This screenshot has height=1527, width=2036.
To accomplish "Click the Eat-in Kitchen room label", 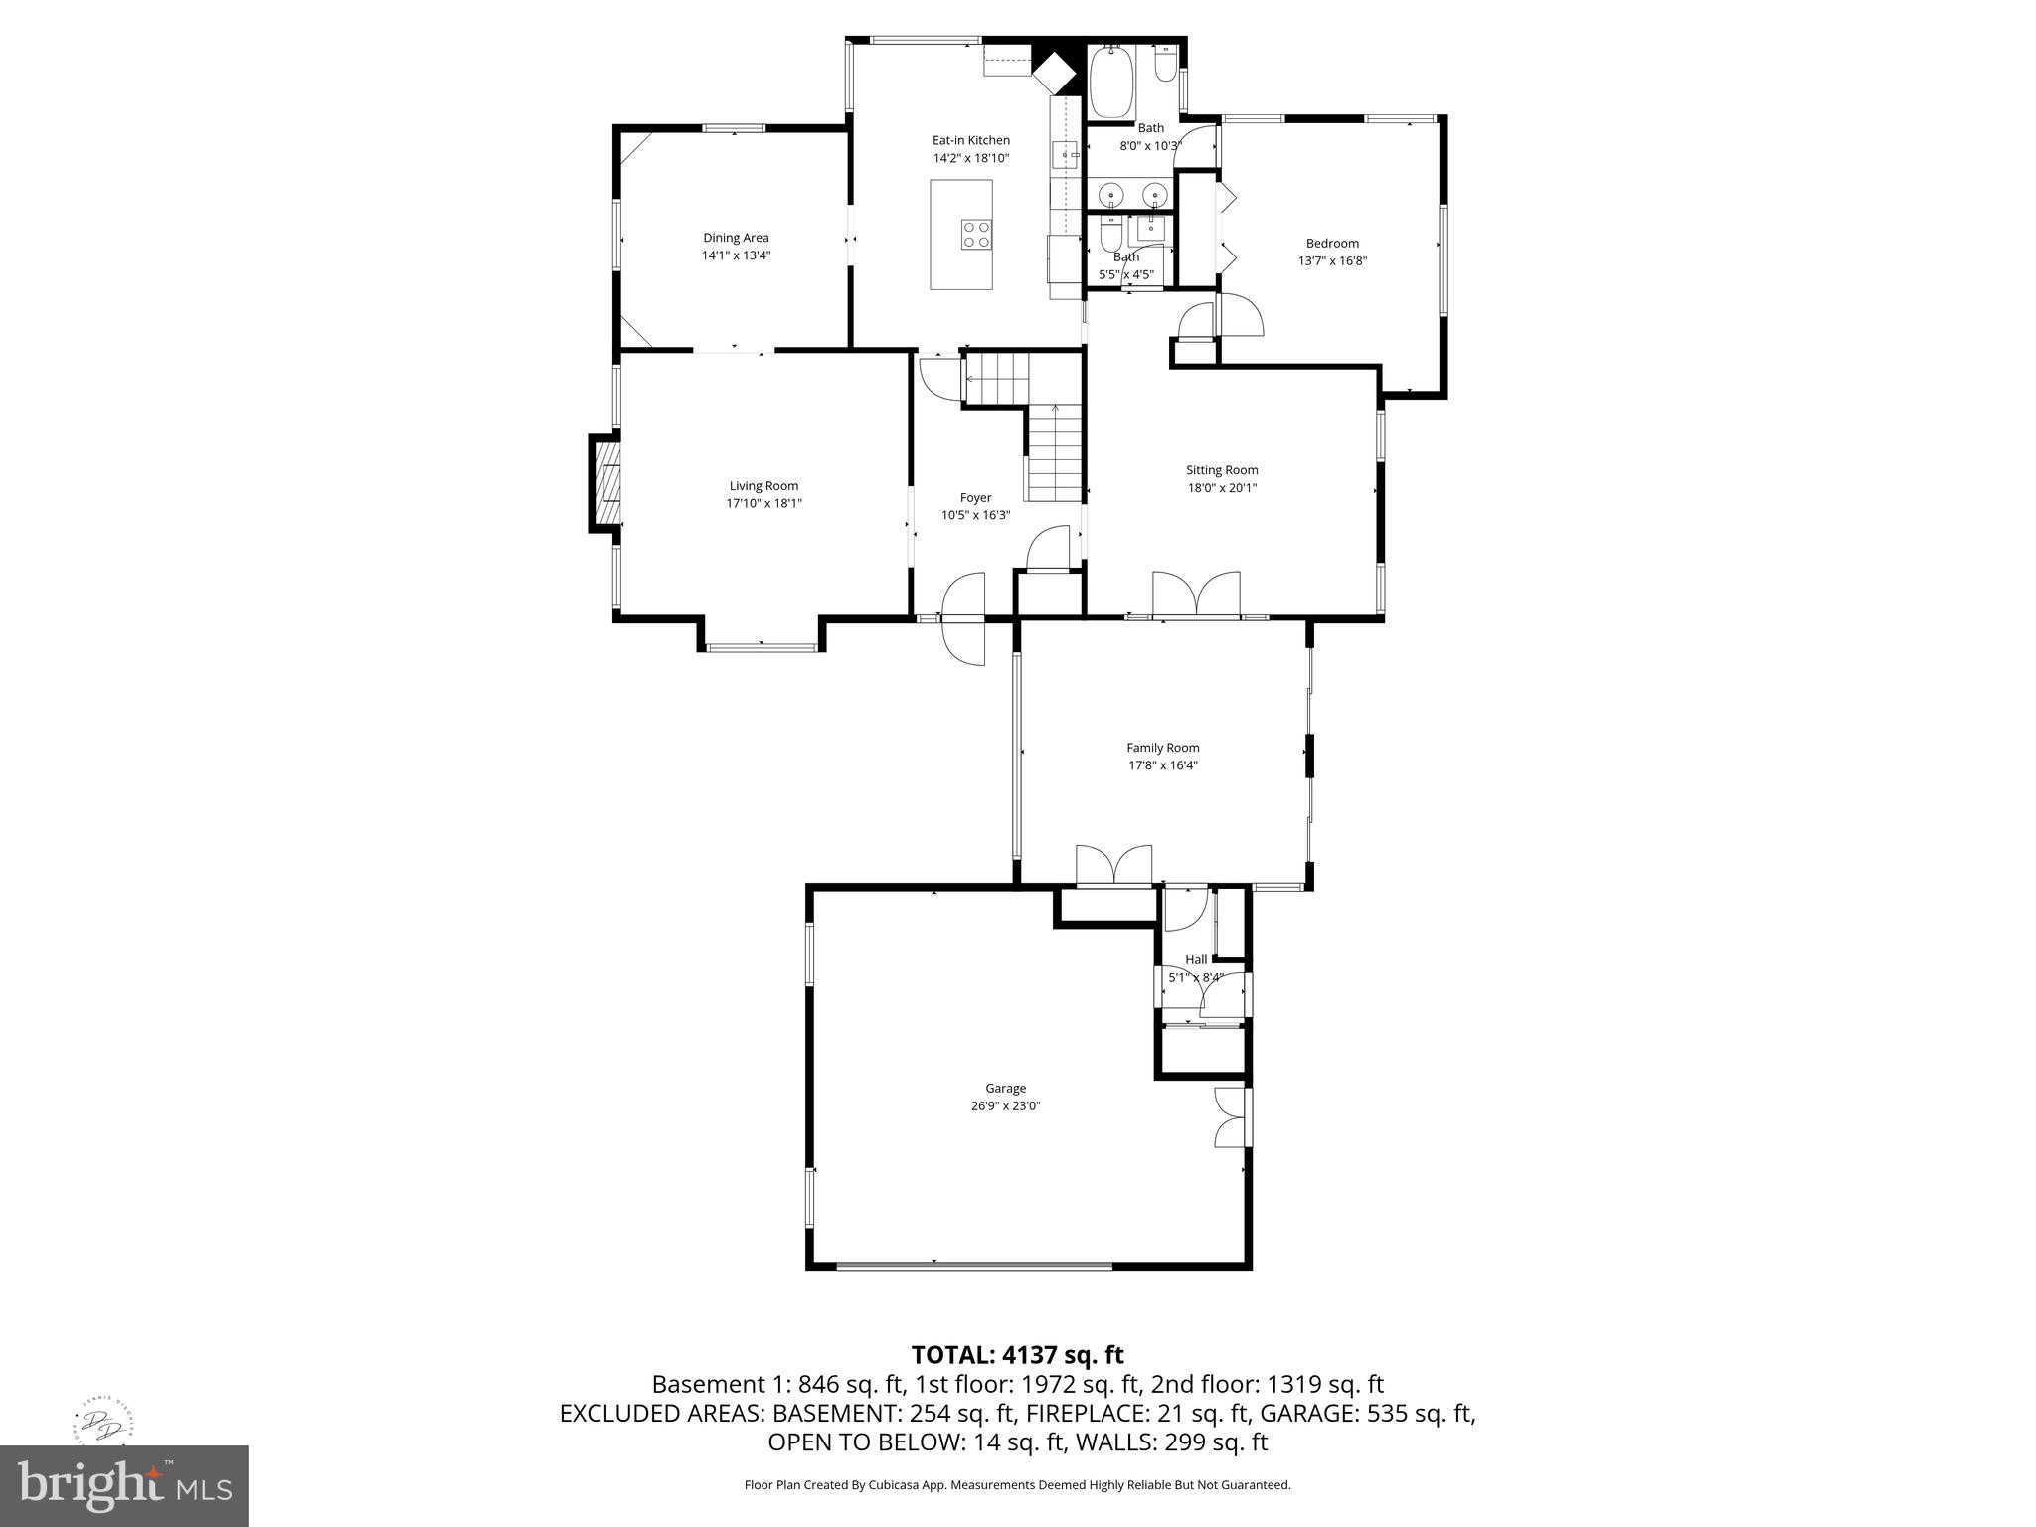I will tap(970, 140).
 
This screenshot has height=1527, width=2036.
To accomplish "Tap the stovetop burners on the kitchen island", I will tap(975, 234).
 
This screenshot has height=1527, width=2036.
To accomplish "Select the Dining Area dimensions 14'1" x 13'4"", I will tap(736, 255).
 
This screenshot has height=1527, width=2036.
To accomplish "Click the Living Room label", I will tap(763, 486).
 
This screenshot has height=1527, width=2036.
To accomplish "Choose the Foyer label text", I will tap(975, 498).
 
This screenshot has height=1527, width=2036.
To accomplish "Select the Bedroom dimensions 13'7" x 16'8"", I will tap(1332, 261).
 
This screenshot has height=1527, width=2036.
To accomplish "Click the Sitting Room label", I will tap(1221, 470).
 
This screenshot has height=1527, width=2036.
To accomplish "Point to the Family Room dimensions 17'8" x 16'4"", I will tap(1162, 765).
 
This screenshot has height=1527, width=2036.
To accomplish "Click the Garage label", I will tap(1005, 1089).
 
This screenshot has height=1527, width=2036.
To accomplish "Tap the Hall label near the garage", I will tap(1196, 959).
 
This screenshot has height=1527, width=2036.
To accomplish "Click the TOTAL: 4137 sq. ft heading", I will tap(1017, 1355).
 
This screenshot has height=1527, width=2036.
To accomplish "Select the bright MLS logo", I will tap(124, 1485).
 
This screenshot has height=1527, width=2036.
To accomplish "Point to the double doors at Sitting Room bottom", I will tap(1196, 595).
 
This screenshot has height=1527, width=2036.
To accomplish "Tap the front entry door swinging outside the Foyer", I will tap(962, 643).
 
